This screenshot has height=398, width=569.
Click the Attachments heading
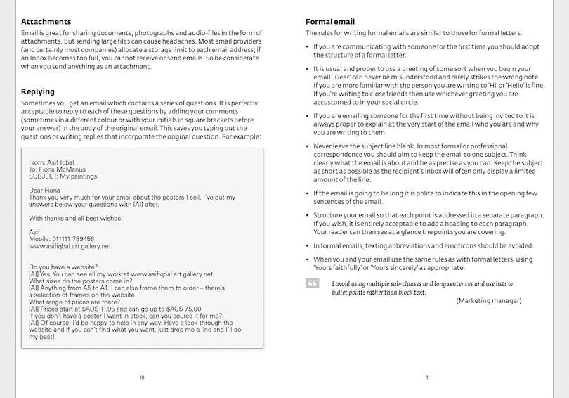click(46, 22)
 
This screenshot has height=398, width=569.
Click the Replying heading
click(38, 91)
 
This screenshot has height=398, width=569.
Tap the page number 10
click(142, 378)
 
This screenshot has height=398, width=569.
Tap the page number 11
click(426, 378)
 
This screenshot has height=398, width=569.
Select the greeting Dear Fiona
click(44, 191)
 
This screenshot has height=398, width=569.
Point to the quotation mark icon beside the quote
click(312, 283)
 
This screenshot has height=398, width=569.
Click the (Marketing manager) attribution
click(488, 300)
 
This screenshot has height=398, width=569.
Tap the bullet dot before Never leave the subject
click(307, 146)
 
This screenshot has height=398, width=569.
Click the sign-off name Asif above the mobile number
click(35, 232)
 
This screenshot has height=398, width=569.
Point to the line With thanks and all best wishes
click(74, 218)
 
